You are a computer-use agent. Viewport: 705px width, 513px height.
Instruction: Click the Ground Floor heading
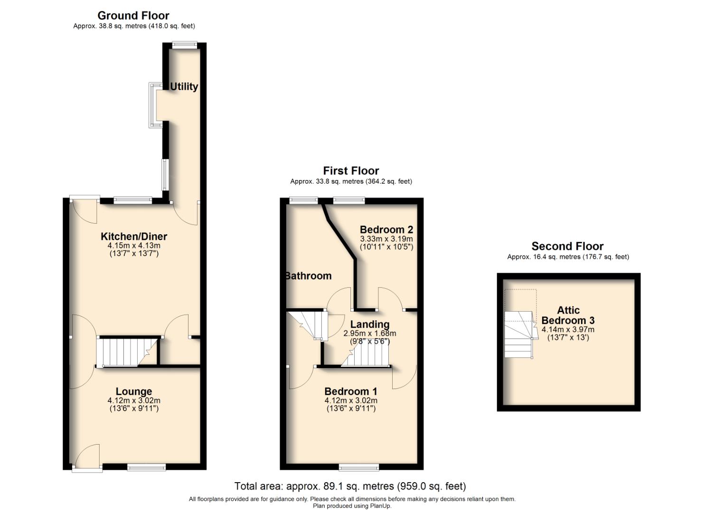tap(133, 16)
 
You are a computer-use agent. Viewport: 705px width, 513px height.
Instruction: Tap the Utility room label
tap(184, 86)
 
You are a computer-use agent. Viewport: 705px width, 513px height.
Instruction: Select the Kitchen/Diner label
tap(134, 237)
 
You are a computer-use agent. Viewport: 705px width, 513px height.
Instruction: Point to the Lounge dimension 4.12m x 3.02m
tap(134, 400)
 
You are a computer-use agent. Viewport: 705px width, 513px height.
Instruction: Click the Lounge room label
tap(134, 391)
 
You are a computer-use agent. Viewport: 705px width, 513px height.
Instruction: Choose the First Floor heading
tap(351, 171)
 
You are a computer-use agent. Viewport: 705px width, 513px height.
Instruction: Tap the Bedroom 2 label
tap(386, 230)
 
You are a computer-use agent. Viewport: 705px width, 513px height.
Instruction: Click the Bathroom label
tap(308, 276)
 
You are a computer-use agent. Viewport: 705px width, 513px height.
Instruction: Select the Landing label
tap(370, 324)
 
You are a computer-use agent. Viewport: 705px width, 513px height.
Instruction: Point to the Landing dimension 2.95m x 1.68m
tap(370, 333)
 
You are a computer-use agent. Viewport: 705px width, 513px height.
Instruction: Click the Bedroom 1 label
tap(351, 391)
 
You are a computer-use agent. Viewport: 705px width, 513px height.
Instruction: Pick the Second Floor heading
tap(567, 246)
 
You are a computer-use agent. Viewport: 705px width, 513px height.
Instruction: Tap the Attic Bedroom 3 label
tap(568, 315)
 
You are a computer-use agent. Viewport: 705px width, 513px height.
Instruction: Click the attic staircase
tap(519, 335)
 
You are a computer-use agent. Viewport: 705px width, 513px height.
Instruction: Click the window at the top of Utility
tap(184, 45)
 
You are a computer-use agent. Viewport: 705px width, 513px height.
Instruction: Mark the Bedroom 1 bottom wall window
tap(359, 467)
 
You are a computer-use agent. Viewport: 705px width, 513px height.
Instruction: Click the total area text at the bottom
tap(350, 486)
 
